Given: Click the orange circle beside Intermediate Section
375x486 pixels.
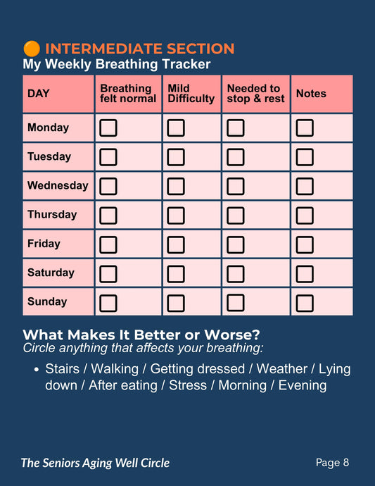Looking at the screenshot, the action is click(x=32, y=49).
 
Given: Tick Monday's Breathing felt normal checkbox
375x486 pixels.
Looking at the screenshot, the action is click(x=108, y=127).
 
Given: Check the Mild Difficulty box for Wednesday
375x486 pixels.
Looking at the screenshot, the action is click(x=176, y=186).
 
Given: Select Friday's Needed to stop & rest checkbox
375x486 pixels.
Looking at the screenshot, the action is click(x=236, y=244).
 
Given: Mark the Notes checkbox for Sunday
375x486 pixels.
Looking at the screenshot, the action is click(x=305, y=303).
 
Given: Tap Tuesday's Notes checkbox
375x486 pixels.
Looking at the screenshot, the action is click(x=305, y=157).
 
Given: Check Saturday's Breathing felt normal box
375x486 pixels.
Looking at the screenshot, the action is click(x=108, y=274).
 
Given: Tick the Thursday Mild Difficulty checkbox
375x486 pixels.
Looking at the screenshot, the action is click(x=176, y=215).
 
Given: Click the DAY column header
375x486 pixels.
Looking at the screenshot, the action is click(x=39, y=93).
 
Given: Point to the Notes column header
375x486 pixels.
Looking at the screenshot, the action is click(x=311, y=93).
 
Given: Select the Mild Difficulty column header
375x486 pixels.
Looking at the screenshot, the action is click(x=191, y=93).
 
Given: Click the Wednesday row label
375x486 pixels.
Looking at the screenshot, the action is click(x=58, y=185).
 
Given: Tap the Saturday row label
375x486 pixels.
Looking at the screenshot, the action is click(x=51, y=273).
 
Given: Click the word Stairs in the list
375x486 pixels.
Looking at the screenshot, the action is click(x=62, y=369).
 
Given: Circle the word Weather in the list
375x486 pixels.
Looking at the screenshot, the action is click(x=282, y=369).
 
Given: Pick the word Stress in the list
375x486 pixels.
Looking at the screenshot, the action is click(x=188, y=385).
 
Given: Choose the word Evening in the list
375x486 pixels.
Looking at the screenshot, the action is click(x=303, y=386).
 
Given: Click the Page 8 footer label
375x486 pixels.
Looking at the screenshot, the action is click(x=332, y=463).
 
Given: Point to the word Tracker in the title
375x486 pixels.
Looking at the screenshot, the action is click(x=186, y=64).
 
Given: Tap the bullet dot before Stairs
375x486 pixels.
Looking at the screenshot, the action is click(x=37, y=370).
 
